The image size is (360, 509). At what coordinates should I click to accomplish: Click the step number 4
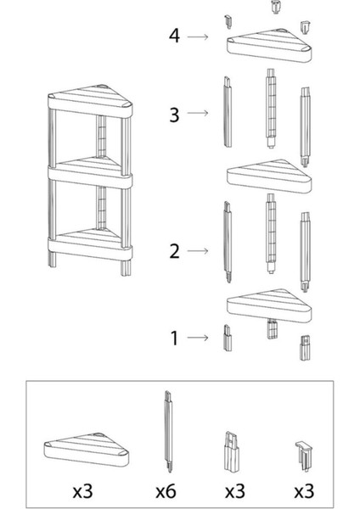click(x=174, y=36)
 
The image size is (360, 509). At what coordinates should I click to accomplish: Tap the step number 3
click(x=174, y=115)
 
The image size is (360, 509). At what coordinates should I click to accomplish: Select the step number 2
click(x=174, y=251)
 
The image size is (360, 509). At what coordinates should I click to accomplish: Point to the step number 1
click(x=174, y=338)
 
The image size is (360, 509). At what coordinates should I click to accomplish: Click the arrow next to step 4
click(x=198, y=36)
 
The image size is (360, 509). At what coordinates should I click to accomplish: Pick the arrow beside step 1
click(x=198, y=338)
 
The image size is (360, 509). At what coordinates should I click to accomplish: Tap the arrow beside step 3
click(x=198, y=113)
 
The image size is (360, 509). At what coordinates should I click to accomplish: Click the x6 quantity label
click(x=166, y=491)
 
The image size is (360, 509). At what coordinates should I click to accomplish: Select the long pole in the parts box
click(x=168, y=432)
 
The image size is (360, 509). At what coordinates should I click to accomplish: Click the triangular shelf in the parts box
click(x=87, y=450)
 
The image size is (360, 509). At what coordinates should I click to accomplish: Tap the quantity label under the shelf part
click(x=82, y=491)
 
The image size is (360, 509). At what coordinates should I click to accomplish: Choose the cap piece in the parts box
click(x=303, y=456)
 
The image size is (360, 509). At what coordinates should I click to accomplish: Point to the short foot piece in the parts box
click(x=231, y=451)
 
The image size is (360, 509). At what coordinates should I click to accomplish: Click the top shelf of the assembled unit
click(x=90, y=102)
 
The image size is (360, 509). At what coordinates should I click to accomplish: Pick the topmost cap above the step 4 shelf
click(x=276, y=7)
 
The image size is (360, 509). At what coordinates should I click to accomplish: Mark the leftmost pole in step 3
click(x=228, y=112)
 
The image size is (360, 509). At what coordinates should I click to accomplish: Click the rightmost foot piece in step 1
click(x=305, y=348)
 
